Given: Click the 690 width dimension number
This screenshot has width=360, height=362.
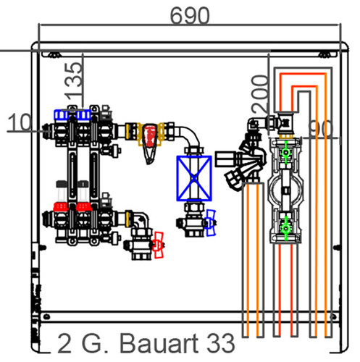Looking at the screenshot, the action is coord(190,16).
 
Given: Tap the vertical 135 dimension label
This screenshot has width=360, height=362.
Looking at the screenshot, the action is coord(74,81).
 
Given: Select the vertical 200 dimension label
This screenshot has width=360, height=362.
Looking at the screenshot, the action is coord(260,94).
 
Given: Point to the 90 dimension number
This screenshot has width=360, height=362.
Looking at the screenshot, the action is coord(321,129).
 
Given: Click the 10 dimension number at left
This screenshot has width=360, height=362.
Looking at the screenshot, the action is coord(20,122).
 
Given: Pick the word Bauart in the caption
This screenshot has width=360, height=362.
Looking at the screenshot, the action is coord(159,343).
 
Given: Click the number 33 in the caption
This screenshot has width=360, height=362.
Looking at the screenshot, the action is coord(221,343).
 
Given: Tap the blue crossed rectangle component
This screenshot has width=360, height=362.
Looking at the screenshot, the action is coord(194,178).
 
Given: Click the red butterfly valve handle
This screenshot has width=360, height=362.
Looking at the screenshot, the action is coord(159,245).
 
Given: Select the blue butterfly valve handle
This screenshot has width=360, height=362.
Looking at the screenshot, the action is coord(210,222).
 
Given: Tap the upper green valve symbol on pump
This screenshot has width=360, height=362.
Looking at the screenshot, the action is coord(286,152).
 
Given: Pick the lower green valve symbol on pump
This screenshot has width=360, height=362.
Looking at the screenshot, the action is coord(286,228).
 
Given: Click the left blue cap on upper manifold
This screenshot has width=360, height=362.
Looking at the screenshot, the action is coord(62,115).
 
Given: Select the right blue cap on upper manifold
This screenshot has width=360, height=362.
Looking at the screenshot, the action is coord(83,115).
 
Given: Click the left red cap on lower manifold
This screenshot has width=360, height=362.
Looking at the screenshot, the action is coord(61,207).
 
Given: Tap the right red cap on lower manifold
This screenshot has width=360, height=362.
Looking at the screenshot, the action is coord(83,207).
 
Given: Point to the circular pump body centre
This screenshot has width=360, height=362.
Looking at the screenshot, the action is coord(286,190).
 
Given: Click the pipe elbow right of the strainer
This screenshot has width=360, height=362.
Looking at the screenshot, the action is coord(190,135).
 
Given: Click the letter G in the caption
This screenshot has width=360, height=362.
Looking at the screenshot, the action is coord(91,343).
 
